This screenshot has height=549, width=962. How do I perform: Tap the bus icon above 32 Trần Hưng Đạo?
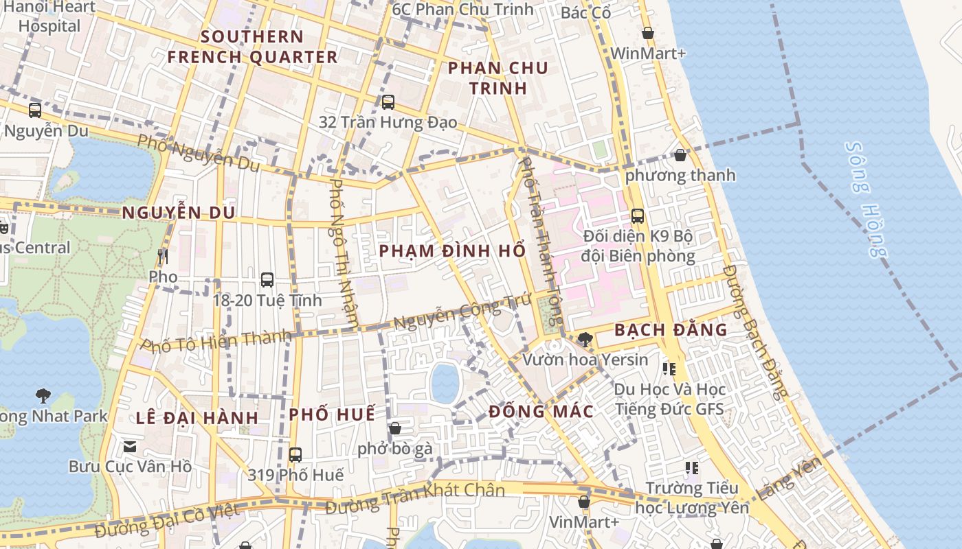pos(388,102)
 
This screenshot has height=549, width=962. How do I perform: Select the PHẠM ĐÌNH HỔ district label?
pos(452,250)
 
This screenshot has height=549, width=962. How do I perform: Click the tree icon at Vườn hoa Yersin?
pos(585,338)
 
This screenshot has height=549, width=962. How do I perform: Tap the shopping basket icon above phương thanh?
pos(680,155)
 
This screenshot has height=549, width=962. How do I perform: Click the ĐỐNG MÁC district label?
pos(541,412)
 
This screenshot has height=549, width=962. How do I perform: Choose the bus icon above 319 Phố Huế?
pos(295,454)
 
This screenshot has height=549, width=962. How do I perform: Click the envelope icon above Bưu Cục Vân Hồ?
pos(129,447)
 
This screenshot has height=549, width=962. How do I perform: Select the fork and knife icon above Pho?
pos(163,257)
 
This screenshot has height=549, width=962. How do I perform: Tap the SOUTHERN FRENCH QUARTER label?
pos(253,47)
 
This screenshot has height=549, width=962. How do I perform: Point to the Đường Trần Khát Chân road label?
pos(415,499)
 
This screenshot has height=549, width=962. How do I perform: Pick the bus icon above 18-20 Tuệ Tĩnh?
pos(267,280)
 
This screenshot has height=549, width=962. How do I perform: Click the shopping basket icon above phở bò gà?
pos(395,429)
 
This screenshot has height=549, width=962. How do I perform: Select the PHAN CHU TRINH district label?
pos(498,78)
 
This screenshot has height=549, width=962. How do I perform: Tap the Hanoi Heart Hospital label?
pos(49,16)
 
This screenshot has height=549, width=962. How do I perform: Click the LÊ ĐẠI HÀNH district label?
pos(197,417)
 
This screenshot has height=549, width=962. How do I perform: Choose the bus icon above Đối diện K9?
pos(638,216)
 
